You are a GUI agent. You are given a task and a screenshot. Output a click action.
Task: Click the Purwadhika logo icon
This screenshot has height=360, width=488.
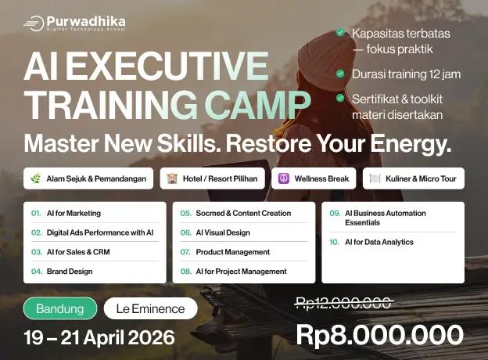click(x=34, y=23)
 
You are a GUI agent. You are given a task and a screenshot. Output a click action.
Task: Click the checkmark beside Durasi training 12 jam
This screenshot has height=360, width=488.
click(x=340, y=74)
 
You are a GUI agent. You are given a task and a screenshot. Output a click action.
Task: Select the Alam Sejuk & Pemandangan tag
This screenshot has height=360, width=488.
click(x=89, y=178)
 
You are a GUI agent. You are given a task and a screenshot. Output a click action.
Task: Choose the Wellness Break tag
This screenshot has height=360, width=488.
click(x=314, y=178)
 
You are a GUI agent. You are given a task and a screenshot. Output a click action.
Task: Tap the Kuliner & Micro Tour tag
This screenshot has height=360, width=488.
click(x=416, y=178)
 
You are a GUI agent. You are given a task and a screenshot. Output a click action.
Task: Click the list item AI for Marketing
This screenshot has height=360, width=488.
click(x=73, y=213)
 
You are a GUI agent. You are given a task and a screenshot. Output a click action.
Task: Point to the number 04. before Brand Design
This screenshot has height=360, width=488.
click(x=37, y=272)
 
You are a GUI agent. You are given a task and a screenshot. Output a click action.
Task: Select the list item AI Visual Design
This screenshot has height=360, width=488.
click(x=223, y=232)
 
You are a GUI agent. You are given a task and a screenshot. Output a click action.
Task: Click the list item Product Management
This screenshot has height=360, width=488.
click(x=232, y=252)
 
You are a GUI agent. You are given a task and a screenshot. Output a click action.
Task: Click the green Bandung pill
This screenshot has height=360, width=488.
click(x=59, y=308)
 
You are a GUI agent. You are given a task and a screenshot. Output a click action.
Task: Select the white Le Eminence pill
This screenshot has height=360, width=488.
click(x=150, y=308)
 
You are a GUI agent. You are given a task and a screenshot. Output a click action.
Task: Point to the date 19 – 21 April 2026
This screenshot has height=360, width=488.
click(x=99, y=338)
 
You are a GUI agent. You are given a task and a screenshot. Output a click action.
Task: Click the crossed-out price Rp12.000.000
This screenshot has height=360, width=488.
click(x=343, y=304)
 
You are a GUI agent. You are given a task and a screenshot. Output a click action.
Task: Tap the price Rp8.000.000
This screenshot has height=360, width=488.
click(x=379, y=334)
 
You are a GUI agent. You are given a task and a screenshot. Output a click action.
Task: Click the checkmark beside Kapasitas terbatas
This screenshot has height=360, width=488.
click(x=340, y=33)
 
